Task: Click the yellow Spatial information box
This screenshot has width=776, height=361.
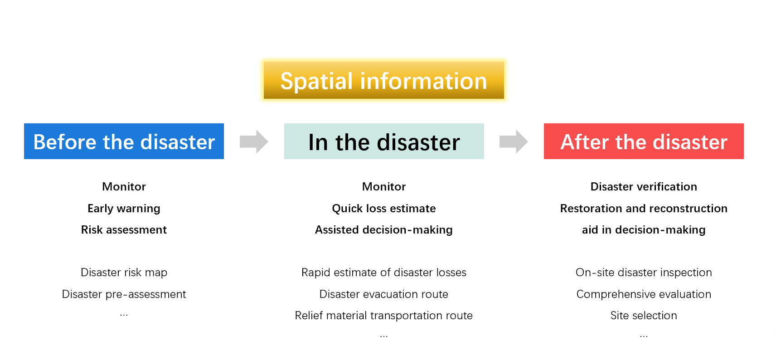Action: coord(384,80)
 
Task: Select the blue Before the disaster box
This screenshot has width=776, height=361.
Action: coord(124,141)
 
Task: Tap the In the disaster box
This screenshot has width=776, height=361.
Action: coord(384,141)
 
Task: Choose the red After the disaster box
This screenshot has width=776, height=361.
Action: coord(644,141)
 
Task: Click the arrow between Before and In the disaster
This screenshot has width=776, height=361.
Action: coord(254,141)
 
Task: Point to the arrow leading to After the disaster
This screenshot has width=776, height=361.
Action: coord(514,141)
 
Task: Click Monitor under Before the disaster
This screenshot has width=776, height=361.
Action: coord(124,186)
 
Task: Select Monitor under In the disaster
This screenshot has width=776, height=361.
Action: coord(384,186)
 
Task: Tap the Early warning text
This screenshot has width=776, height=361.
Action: coord(124,209)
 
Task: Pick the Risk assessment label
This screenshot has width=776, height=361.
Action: coord(124,229)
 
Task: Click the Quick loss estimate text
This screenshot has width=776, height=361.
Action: coord(384,209)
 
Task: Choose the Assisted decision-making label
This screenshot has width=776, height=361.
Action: coord(384,230)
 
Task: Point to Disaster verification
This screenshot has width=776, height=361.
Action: coord(644,186)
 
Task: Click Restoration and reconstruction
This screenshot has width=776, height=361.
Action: coord(644,209)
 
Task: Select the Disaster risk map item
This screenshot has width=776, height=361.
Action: coord(124,273)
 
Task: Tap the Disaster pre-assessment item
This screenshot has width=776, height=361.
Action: coord(124,294)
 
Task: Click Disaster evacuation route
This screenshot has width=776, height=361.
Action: coord(384,294)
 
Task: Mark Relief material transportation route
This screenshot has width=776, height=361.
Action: coord(384,316)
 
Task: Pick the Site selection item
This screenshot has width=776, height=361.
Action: coord(644,316)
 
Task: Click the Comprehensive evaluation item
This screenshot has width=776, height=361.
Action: coord(644,294)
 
